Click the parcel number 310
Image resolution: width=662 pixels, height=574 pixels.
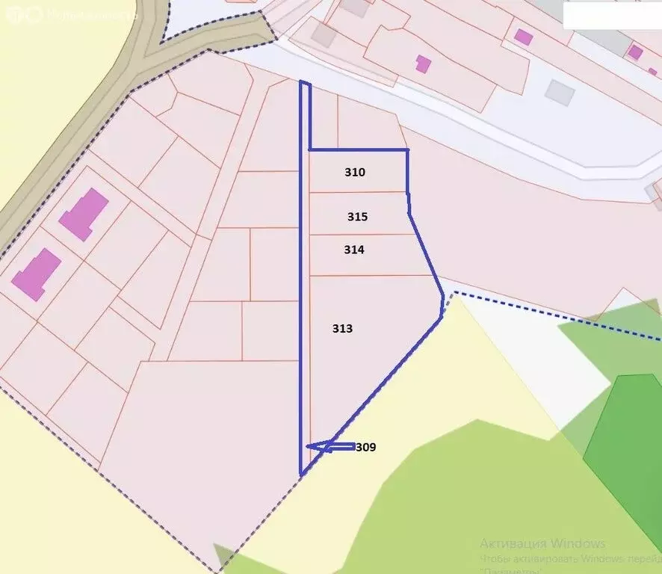(x=355, y=173)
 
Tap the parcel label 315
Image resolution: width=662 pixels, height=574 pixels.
(x=357, y=217)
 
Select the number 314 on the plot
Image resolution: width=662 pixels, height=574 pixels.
(x=354, y=250)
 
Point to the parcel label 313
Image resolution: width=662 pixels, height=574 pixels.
(x=342, y=329)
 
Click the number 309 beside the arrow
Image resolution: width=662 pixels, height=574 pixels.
(x=365, y=448)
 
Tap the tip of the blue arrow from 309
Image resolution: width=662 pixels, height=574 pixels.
(x=309, y=447)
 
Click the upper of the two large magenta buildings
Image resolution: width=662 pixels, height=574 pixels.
(x=84, y=214)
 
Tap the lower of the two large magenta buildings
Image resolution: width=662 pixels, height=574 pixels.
(x=36, y=274)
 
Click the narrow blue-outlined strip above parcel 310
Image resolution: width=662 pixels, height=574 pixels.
(x=305, y=116)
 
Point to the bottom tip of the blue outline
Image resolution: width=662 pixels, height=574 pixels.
(x=301, y=475)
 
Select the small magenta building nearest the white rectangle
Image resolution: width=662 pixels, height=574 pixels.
(x=634, y=52)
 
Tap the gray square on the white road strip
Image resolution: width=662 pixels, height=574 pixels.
(x=559, y=92)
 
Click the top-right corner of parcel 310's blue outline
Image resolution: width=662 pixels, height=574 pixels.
(x=407, y=150)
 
